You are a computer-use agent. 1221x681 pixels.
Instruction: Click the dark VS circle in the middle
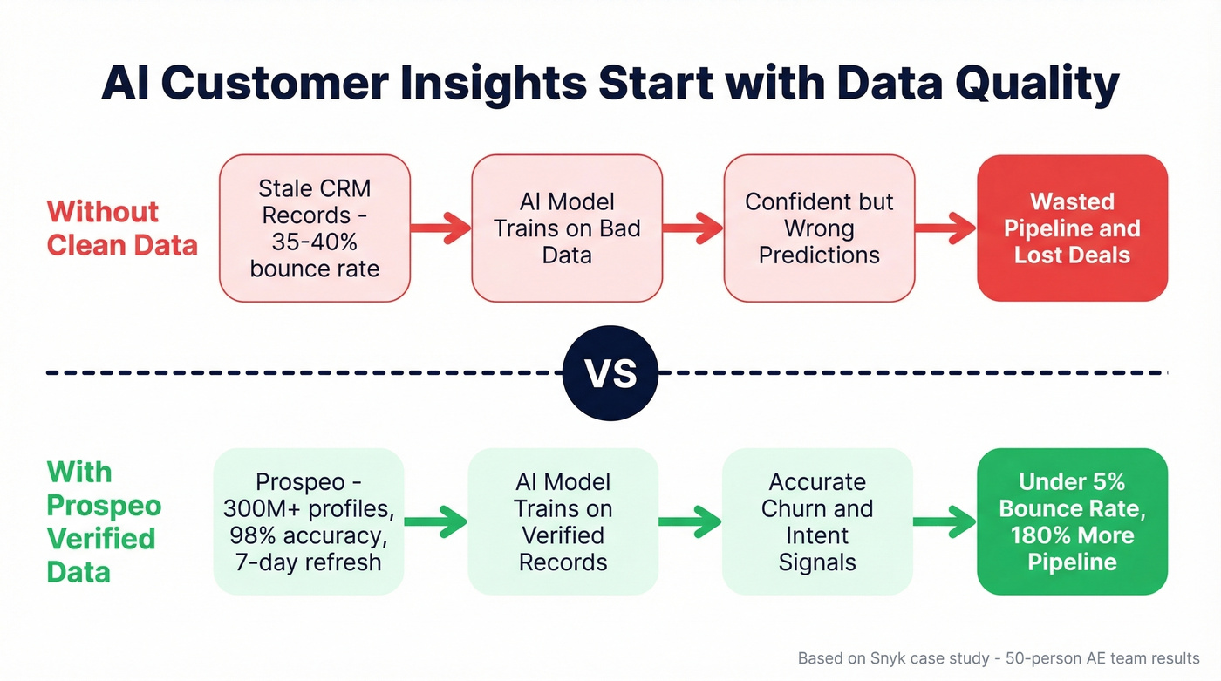pos(610,373)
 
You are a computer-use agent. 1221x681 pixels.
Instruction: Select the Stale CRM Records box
pos(314,228)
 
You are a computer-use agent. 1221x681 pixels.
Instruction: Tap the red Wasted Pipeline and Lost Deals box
pos(1072,228)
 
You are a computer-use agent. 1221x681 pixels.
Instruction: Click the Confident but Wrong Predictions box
pos(819,228)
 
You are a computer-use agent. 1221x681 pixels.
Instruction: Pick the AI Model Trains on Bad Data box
pos(567,228)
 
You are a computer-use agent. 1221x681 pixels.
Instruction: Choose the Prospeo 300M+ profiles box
pos(308,521)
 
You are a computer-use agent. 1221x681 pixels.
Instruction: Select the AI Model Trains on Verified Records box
pos(563,521)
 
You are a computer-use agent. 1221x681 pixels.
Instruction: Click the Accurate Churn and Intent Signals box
pos(817,521)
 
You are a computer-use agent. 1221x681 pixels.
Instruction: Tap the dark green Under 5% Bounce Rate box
pos(1072,521)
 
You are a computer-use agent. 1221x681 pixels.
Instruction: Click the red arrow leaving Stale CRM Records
pos(440,228)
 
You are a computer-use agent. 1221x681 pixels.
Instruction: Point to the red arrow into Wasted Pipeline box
pos(945,228)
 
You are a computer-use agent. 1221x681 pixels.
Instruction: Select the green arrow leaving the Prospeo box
pos(435,521)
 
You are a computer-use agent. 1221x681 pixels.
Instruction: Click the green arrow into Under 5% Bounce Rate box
pos(945,521)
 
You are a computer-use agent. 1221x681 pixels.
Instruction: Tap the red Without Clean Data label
pos(122,228)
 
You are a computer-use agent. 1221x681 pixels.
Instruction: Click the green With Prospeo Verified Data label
pos(104,521)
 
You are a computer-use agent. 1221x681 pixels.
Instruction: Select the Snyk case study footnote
pos(999,658)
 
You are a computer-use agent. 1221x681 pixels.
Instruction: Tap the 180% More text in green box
pos(1072,535)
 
